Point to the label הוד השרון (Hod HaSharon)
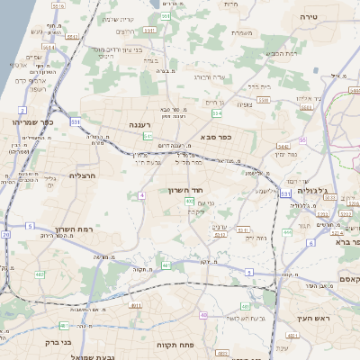pyautogui.click(x=187, y=191)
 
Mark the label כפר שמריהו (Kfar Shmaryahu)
pyautogui.click(x=33, y=121)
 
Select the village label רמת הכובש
pyautogui.click(x=281, y=53)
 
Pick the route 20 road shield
pyautogui.click(x=6, y=234)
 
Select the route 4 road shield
pyautogui.click(x=141, y=194)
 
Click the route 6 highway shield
pyautogui.click(x=310, y=243)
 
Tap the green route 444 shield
pyautogui.click(x=287, y=232)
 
